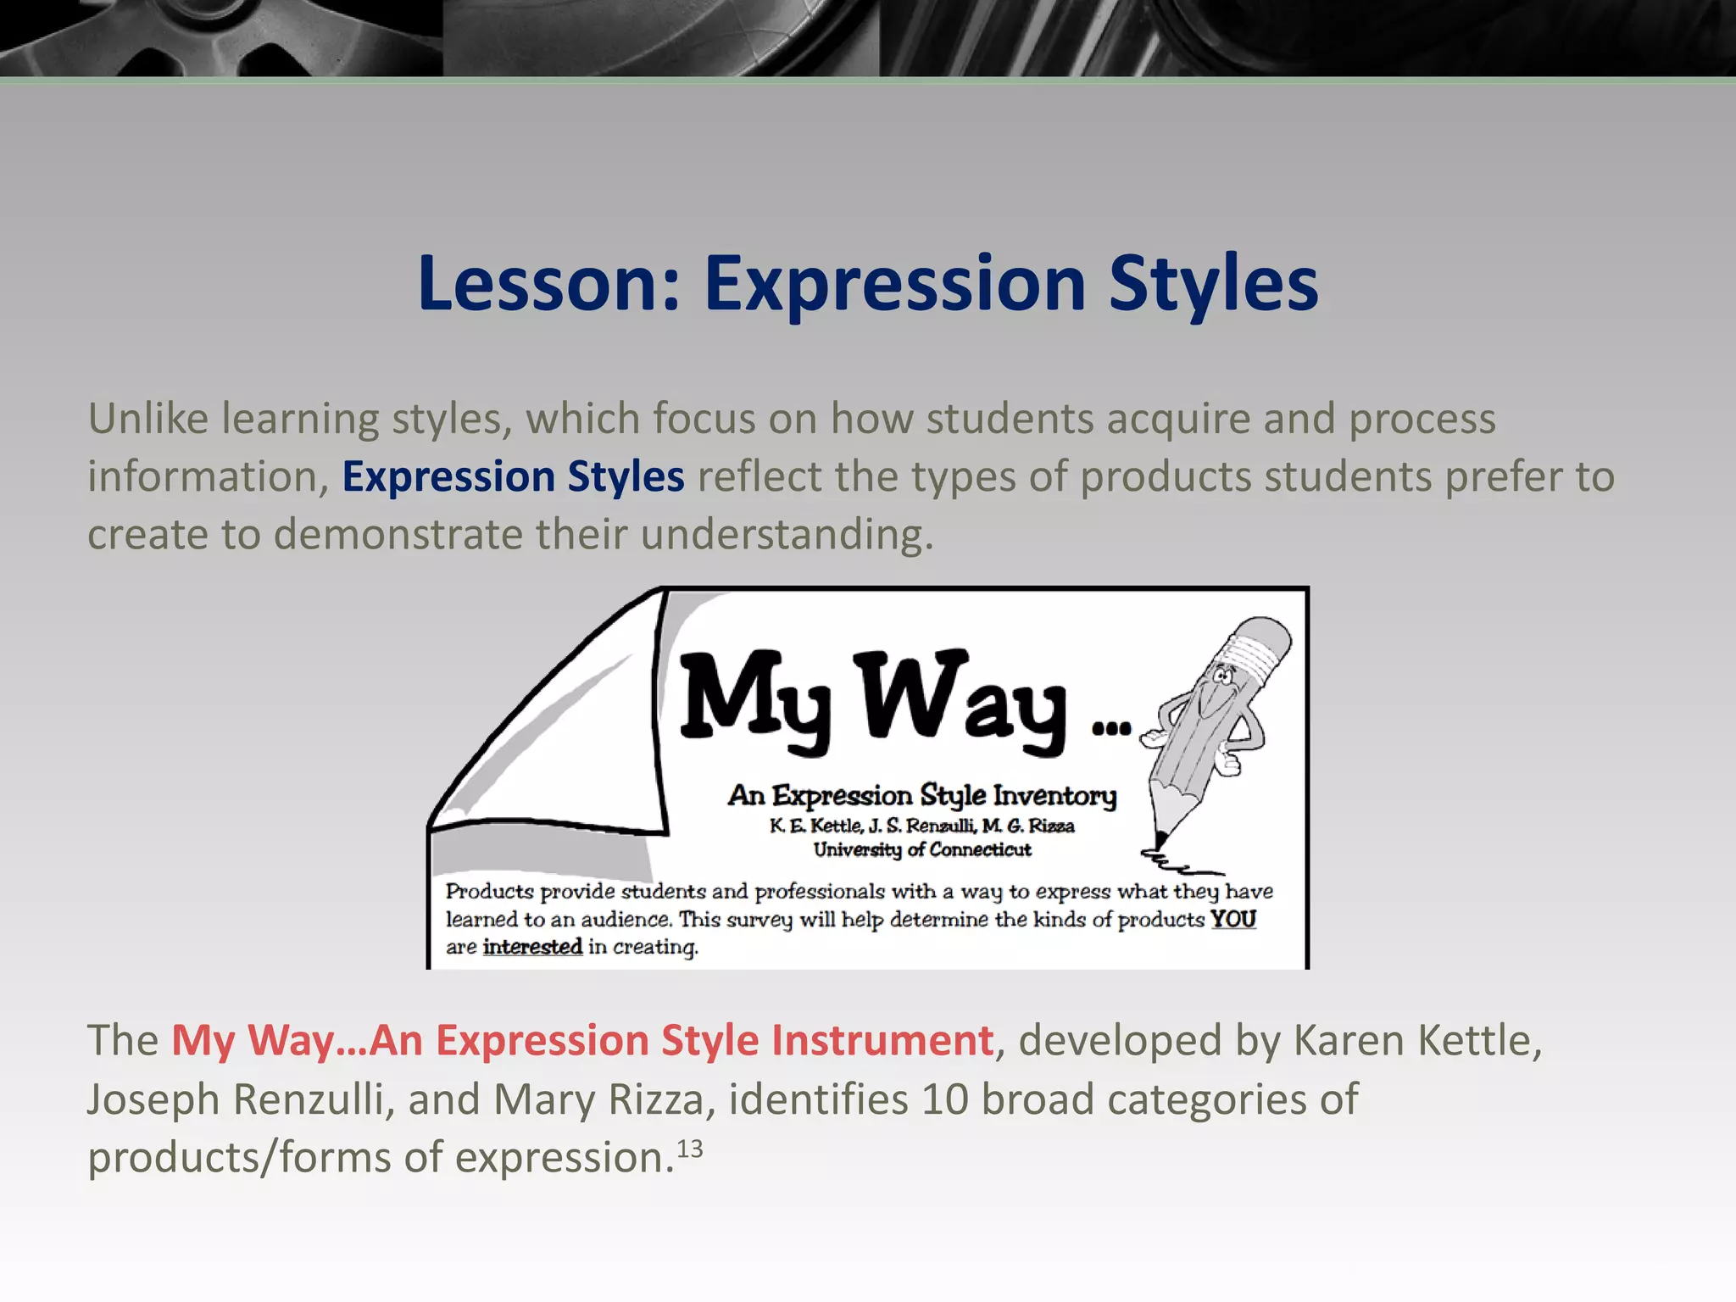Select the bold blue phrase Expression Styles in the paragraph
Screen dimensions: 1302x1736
tap(513, 476)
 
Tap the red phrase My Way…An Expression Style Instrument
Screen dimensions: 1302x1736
tap(582, 1040)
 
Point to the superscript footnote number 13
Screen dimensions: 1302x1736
tap(689, 1149)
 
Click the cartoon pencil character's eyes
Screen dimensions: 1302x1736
tap(1222, 676)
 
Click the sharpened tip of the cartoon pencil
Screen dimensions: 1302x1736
tap(1160, 839)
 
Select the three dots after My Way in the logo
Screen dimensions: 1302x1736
tap(1111, 727)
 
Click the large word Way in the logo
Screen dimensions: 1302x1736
tap(962, 700)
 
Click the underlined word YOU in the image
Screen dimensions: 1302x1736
tap(1232, 919)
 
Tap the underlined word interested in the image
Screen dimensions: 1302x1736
tap(532, 947)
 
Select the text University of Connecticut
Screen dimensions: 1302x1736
tap(922, 849)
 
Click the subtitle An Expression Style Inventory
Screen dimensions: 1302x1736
tap(922, 795)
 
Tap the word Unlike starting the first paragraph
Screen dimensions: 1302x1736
tap(147, 419)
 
